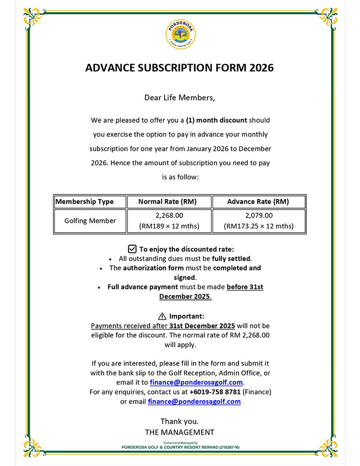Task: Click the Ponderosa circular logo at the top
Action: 180,35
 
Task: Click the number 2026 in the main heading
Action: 262,68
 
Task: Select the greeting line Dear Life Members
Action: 180,98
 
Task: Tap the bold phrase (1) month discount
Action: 216,120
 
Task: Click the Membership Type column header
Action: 84,202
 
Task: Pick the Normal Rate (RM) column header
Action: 168,202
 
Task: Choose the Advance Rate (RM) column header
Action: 258,202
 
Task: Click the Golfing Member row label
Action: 90,221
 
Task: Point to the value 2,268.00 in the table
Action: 169,215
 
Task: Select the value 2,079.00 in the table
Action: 259,215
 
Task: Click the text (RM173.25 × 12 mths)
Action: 259,226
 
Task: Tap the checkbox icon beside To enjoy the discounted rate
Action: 132,249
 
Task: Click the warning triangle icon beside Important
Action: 162,316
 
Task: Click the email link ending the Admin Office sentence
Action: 197,382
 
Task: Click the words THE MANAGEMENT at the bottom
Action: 180,432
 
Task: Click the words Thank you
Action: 180,421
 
